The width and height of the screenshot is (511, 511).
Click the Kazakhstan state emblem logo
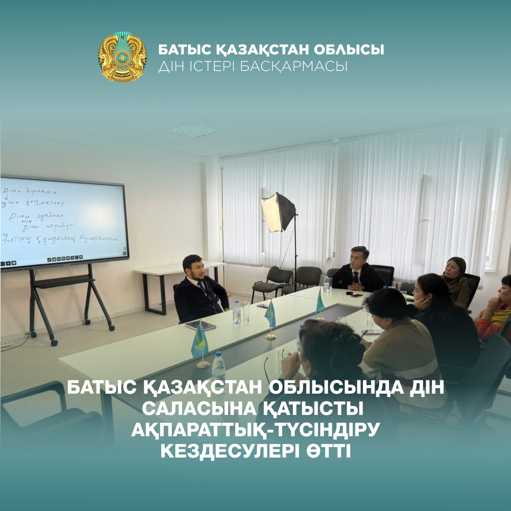pyautogui.click(x=123, y=57)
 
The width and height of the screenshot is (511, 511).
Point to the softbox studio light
pyautogui.click(x=278, y=212)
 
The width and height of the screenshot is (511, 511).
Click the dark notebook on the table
pyautogui.click(x=200, y=325)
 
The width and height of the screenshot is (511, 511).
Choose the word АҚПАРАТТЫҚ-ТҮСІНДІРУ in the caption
pyautogui.click(x=255, y=430)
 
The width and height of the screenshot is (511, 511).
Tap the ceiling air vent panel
pyautogui.click(x=195, y=131)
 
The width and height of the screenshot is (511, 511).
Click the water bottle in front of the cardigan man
pyautogui.click(x=237, y=312)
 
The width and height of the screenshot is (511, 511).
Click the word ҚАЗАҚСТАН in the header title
pyautogui.click(x=245, y=50)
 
